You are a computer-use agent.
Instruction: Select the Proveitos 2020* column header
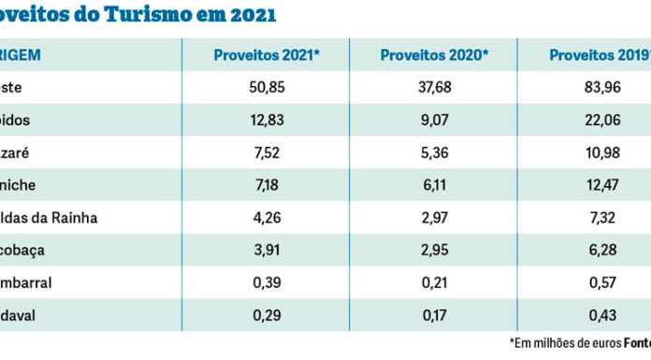click(434, 56)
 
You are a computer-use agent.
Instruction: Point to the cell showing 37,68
click(434, 90)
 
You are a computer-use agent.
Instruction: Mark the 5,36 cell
click(434, 154)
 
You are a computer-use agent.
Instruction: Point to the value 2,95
click(434, 251)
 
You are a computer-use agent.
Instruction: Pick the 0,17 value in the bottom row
click(434, 315)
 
